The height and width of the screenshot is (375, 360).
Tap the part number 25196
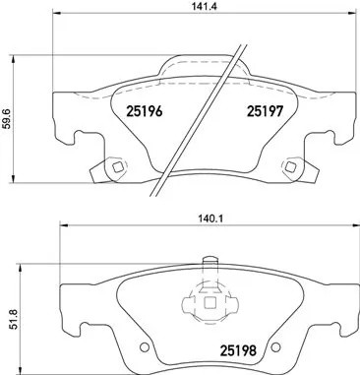pyautogui.click(x=145, y=111)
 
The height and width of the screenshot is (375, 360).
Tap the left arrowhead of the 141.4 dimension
pyautogui.click(x=53, y=27)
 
